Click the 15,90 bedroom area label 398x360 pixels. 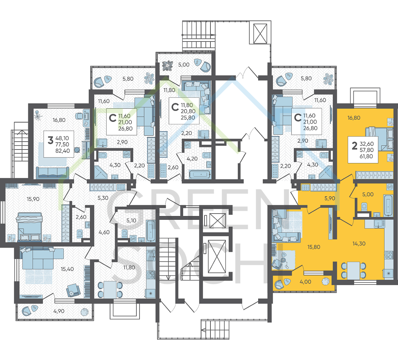pos(33,199)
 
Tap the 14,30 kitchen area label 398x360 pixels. pos(359,244)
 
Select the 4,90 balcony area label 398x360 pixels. pos(59,311)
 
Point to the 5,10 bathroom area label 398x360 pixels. pos(131,220)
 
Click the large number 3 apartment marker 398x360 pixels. pos(51,140)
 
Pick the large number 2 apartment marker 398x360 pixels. pos(354,146)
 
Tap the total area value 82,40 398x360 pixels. pos(62,151)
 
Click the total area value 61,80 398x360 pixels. pos(366,156)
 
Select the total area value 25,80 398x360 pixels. pos(188,118)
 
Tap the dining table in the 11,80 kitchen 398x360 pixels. pos(110,290)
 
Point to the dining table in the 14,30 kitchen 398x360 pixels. pos(354,270)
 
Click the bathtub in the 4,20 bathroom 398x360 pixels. pos(200,174)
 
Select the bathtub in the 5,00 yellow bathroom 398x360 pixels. pos(388,205)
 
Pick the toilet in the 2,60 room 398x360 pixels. pos(80,233)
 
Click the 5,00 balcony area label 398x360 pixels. pos(184,65)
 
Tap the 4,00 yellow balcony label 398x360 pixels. pos(305,282)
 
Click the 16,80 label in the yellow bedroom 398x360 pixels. pos(354,118)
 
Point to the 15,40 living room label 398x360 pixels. pos(67,269)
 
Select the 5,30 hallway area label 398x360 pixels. pos(103,198)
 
